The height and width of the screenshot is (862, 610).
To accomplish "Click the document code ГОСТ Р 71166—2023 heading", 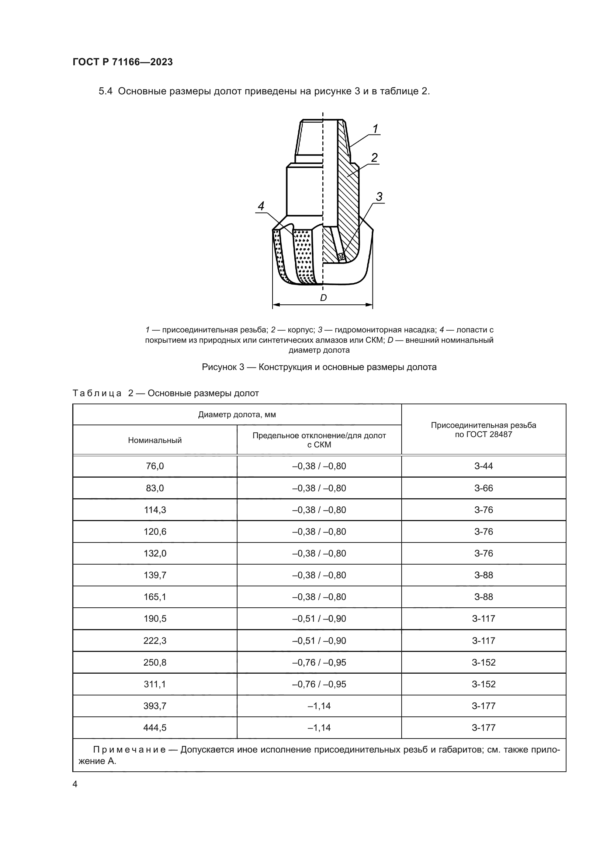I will coord(122,62).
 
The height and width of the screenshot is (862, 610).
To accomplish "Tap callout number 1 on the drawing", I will coord(375,129).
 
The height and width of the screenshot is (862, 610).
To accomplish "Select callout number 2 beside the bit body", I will coord(374,157).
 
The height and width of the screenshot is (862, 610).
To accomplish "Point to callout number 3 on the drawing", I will coord(379,196).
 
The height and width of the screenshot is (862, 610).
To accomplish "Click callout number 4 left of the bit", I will coord(261,206).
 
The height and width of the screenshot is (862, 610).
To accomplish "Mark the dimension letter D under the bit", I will coord(323,298).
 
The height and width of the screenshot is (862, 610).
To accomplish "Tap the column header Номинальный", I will coord(155,440).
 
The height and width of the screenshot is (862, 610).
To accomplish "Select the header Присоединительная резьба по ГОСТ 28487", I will coord(484,430).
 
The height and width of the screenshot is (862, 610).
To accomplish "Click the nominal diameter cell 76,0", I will coord(155,466).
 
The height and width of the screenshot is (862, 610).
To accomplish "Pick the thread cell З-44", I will coord(484,466).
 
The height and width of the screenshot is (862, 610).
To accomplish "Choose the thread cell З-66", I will coord(484,488).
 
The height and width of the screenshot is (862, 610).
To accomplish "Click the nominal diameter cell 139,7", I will coord(155,575).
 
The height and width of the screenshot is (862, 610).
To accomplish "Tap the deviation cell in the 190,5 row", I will coord(319,619).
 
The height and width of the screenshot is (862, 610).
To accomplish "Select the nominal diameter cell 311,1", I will coord(155,684).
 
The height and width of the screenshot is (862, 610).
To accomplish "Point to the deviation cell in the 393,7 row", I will coord(319,706).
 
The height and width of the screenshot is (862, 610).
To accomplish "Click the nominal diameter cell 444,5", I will coord(155,727).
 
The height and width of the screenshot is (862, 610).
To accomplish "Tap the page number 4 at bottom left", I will coord(75,784).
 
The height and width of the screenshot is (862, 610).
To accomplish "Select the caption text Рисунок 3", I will coord(223,367).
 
